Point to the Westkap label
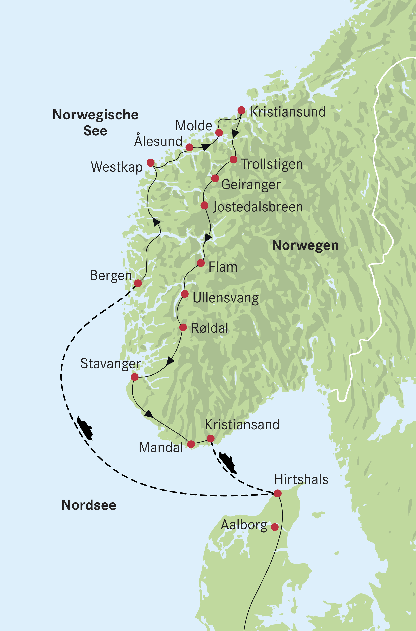117,167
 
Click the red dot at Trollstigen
233,159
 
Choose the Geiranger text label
251,185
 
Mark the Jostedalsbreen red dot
204,205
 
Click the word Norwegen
305,245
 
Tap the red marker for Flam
201,263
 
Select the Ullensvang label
225,298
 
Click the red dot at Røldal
183,327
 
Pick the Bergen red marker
138,283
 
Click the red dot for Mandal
191,444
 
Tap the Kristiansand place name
242,424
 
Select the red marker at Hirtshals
277,493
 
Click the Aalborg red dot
275,527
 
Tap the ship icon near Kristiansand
228,463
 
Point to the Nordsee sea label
89,505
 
